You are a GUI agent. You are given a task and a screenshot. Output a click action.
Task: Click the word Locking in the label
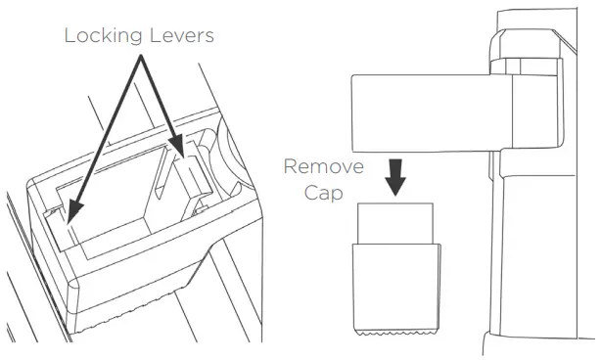(x=100, y=36)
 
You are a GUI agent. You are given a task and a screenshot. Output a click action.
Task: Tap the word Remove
(x=322, y=165)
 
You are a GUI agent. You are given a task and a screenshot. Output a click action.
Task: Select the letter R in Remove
(x=291, y=165)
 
